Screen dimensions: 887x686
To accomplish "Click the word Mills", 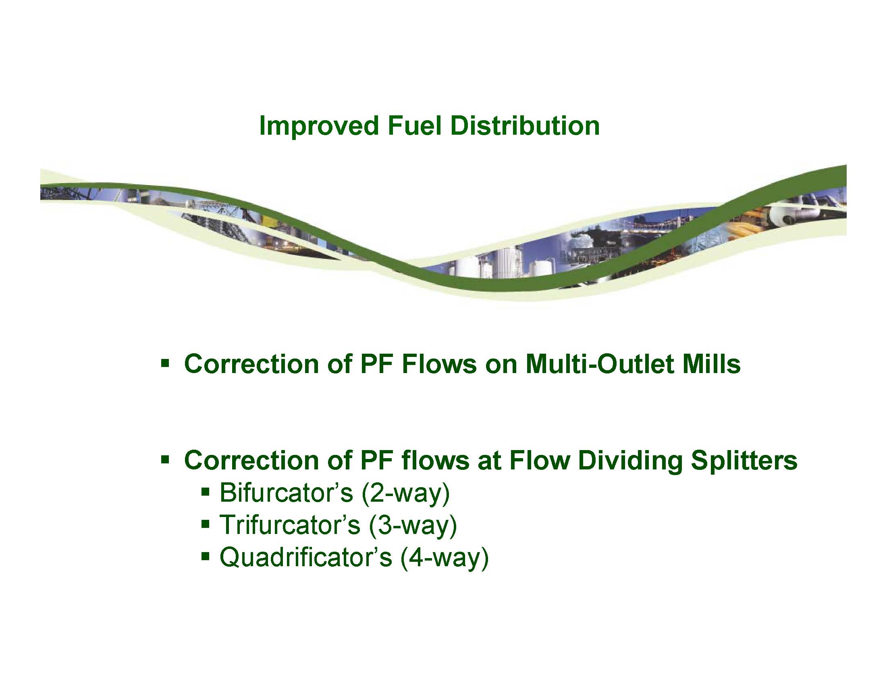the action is [x=712, y=364].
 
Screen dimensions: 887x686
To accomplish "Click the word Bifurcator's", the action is [x=286, y=492].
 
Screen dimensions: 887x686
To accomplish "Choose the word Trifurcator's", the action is [x=290, y=525].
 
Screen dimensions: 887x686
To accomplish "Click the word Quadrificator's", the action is [x=305, y=557].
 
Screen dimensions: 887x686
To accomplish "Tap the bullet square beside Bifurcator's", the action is [x=206, y=491].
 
